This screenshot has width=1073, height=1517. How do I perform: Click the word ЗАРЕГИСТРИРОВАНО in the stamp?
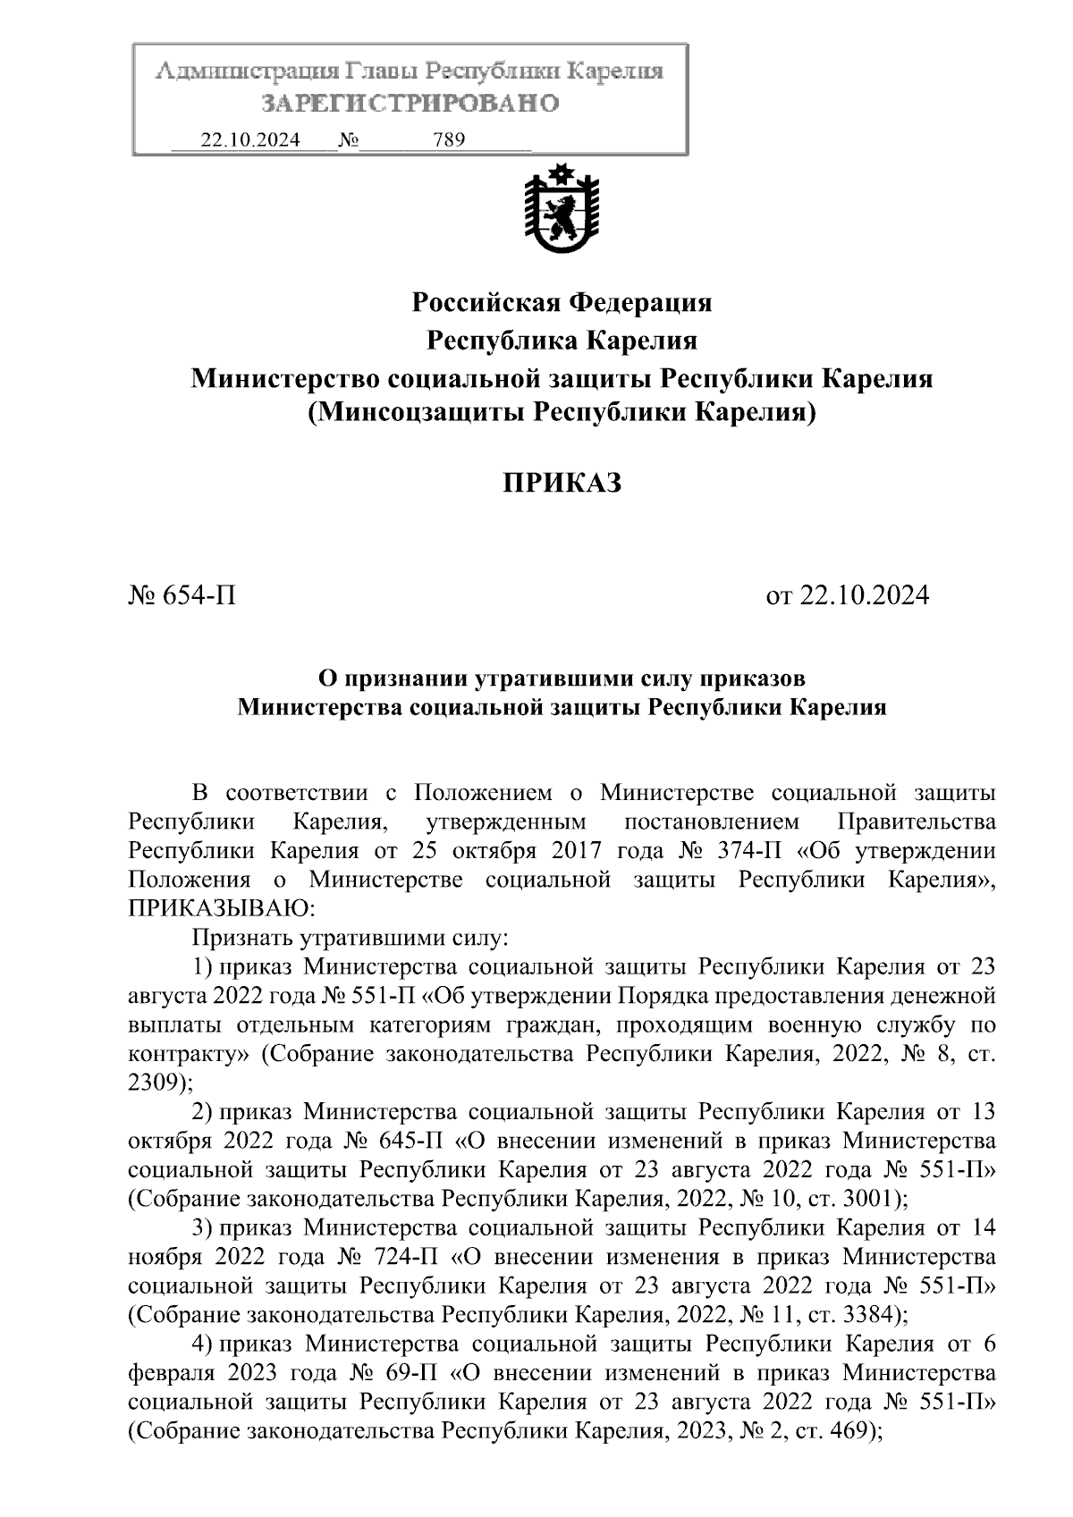[x=410, y=104]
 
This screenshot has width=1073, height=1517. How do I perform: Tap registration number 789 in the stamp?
[x=448, y=140]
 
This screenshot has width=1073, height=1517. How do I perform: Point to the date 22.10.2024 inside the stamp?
[x=250, y=140]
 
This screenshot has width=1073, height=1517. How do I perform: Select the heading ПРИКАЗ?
[x=561, y=483]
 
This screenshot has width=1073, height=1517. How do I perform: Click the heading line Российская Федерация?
[x=562, y=302]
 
